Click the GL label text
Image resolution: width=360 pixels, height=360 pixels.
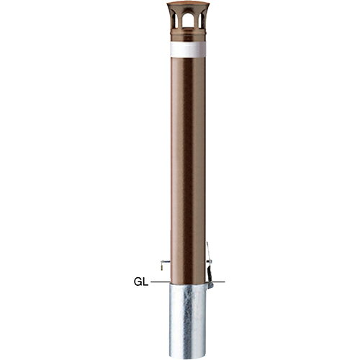(x=141, y=282)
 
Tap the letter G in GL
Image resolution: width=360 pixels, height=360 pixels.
(x=138, y=282)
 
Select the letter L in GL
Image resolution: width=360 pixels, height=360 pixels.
(x=145, y=282)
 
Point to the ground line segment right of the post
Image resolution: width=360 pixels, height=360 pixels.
(x=218, y=282)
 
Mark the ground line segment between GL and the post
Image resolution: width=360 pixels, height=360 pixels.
(x=161, y=282)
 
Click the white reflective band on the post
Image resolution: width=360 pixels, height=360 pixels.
(x=188, y=50)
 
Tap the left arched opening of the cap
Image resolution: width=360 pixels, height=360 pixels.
(x=176, y=20)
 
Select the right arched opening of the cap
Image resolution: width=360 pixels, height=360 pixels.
(x=201, y=20)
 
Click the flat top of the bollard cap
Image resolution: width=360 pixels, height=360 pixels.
(x=188, y=4)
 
